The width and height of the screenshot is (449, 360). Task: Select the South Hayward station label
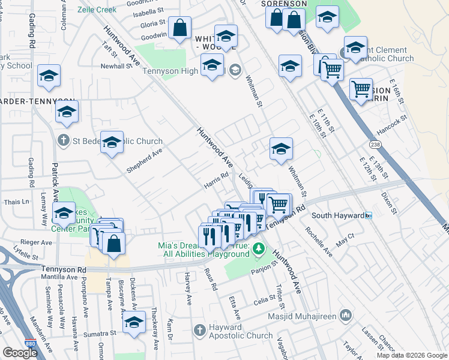[338, 215]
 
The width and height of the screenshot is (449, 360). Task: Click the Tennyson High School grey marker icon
[235, 70]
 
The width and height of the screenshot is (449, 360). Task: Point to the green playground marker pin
[258, 248]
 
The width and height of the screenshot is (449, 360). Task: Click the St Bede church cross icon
[63, 141]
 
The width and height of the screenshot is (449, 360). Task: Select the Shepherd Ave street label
[144, 160]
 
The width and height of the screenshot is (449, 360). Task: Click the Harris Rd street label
[217, 181]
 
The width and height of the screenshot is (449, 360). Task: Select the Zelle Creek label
[96, 10]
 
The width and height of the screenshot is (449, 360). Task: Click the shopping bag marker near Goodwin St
[179, 28]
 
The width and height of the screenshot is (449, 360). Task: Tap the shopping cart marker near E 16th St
[361, 89]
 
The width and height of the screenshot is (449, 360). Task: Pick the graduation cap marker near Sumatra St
[134, 322]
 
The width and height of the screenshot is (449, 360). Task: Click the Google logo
[20, 353]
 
